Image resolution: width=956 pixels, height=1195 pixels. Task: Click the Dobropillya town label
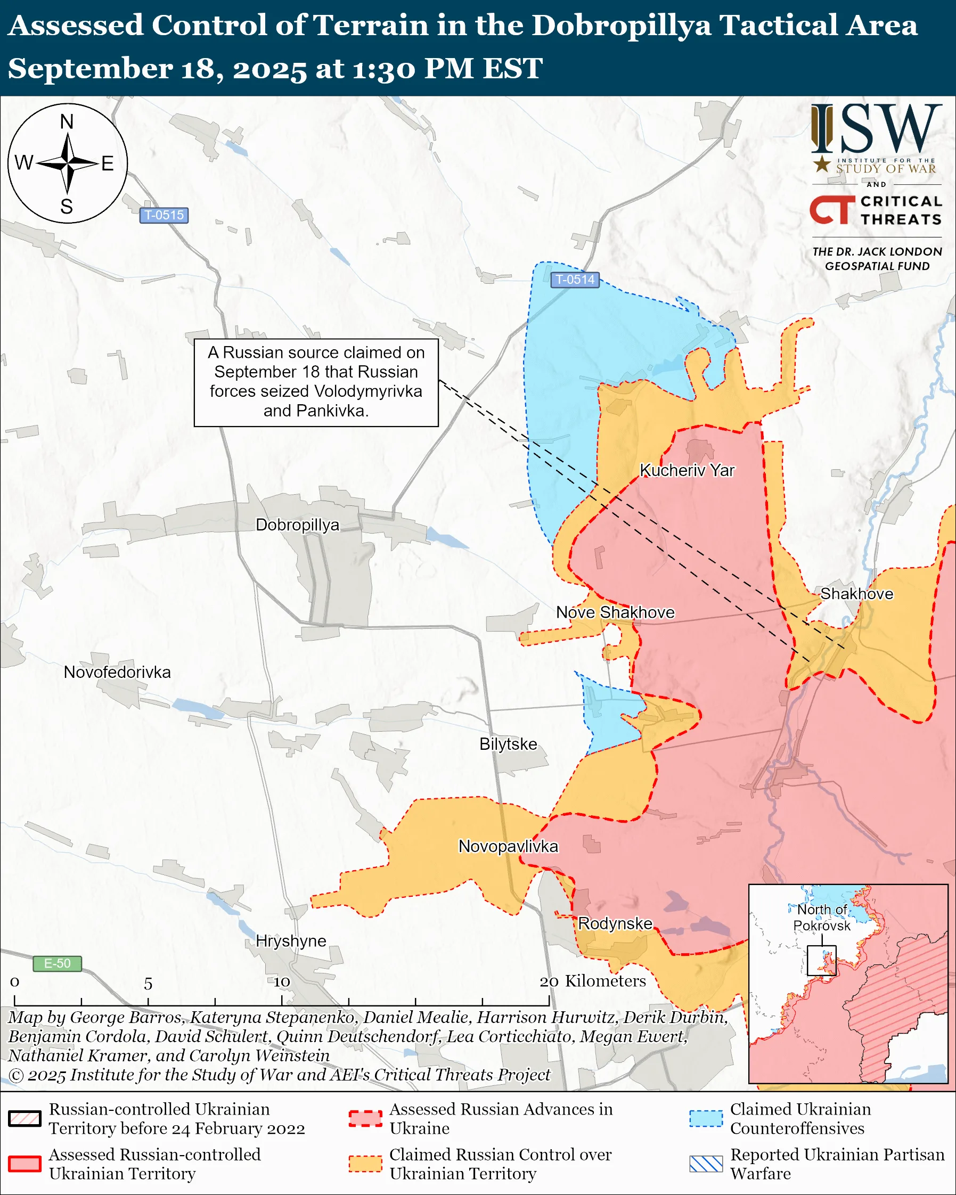[297, 525]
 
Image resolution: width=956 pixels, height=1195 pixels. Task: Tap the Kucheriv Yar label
[687, 471]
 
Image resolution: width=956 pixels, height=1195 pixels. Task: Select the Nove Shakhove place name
[615, 612]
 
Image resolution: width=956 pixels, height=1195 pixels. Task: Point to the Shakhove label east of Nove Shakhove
[856, 594]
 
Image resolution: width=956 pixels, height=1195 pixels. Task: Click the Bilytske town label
[508, 744]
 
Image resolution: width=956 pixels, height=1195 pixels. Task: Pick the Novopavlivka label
[508, 846]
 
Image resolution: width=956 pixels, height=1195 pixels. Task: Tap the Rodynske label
[615, 923]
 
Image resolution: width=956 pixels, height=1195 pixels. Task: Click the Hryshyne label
[291, 940]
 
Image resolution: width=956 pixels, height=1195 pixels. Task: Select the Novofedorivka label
[117, 673]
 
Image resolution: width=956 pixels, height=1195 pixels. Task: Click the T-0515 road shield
[164, 215]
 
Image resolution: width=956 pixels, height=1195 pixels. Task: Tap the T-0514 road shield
[575, 280]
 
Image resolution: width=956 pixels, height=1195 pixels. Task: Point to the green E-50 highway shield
[57, 963]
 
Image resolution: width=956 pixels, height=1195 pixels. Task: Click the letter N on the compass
[67, 122]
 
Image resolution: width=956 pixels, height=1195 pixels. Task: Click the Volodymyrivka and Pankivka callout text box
[316, 382]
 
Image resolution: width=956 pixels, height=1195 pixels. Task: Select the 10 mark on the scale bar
[282, 982]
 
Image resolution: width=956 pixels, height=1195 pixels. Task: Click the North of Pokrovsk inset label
[822, 918]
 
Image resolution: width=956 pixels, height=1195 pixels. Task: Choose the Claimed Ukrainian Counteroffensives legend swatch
[706, 1119]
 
